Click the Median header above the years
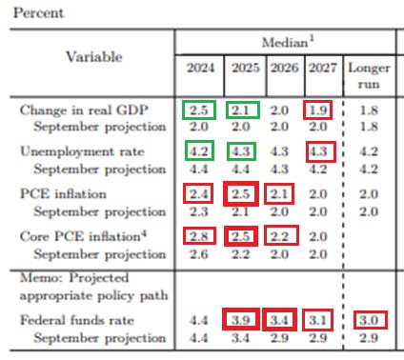(286, 42)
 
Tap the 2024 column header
(199, 70)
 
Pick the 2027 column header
(319, 70)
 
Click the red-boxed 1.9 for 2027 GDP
(319, 110)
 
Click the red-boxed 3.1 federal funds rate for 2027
(319, 318)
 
